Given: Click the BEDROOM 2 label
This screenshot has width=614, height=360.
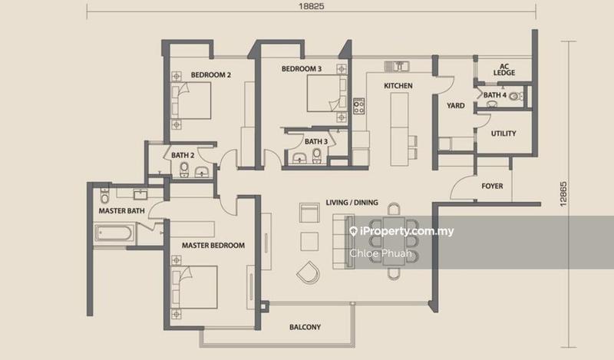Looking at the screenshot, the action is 210,74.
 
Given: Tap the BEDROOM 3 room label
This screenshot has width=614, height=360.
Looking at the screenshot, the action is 302,69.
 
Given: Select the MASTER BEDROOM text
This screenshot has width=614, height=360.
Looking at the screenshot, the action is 213,246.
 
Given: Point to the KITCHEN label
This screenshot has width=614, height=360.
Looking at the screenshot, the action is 398,86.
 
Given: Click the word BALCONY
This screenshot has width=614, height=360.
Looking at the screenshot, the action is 305,327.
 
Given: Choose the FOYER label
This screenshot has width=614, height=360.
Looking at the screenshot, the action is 492,186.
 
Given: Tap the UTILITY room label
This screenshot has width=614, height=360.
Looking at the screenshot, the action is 503,134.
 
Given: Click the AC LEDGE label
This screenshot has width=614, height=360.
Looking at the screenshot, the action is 504,70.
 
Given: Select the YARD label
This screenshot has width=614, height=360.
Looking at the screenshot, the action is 456,106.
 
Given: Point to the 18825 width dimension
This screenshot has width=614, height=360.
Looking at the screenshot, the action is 312,6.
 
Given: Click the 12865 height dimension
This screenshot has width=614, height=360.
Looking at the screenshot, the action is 563,194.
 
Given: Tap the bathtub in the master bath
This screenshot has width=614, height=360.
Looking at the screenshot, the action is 113,233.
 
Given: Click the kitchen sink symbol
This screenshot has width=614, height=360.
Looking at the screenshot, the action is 397,66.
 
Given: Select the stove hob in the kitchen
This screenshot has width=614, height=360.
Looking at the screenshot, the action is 358,106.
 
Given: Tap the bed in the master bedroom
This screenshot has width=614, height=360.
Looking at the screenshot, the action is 194,288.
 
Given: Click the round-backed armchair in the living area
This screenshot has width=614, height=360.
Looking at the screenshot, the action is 309,272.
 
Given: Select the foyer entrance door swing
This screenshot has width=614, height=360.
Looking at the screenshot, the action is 462,187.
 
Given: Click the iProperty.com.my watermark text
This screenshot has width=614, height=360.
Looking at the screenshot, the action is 401,231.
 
